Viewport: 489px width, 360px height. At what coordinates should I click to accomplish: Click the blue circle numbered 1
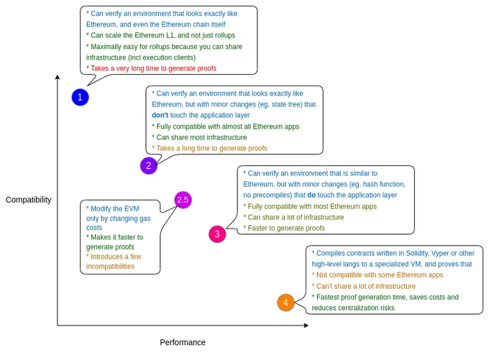coord(80,97)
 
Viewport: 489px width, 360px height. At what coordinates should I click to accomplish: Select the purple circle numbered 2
coord(148,165)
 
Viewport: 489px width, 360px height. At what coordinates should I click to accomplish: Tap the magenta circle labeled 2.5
coord(183,200)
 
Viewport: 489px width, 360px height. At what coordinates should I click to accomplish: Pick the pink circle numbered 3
coord(217,234)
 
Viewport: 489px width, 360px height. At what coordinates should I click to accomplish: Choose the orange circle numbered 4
coord(285,303)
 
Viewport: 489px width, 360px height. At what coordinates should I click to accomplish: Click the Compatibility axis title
coord(29,200)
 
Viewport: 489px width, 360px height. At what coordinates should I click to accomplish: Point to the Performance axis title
coord(183,342)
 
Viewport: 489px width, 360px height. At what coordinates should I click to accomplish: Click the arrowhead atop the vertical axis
coord(58,77)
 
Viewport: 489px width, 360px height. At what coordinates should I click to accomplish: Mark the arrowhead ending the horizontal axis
coord(306,326)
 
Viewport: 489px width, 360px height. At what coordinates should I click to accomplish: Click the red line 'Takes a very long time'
coord(161,68)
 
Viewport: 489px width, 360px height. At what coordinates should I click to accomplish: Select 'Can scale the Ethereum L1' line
coord(160,35)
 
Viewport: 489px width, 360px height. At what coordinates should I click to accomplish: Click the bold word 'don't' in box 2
coord(160,115)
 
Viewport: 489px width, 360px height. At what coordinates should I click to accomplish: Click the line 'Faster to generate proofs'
coord(284,229)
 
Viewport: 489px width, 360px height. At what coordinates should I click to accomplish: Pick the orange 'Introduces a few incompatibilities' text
coord(114,261)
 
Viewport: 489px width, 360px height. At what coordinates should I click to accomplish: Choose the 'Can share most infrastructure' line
coord(199,137)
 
